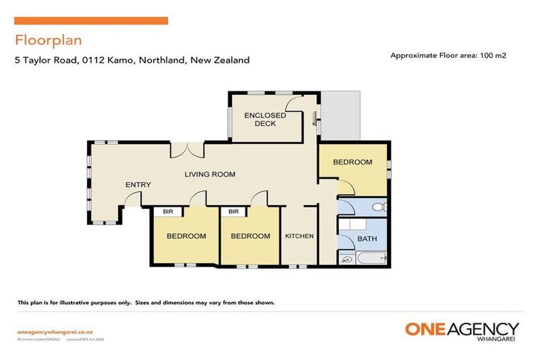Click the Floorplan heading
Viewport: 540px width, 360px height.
click(41, 39)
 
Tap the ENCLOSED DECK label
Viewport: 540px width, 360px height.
click(265, 120)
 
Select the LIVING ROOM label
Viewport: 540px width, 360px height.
click(210, 174)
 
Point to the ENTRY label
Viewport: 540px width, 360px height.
click(138, 185)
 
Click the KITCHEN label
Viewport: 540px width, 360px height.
click(299, 236)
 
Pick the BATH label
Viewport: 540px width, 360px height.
click(367, 239)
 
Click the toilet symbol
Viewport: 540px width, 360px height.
click(378, 207)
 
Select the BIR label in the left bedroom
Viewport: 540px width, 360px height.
click(168, 212)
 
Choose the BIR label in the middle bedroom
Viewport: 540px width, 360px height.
click(233, 212)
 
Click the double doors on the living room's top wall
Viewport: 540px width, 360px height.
click(187, 150)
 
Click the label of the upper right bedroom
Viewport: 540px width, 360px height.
click(352, 162)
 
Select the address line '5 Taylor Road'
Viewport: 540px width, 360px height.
click(132, 60)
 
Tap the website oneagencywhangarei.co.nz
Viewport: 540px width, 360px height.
click(47, 331)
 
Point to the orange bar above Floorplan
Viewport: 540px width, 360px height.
click(91, 21)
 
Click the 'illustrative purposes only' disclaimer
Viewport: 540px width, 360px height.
click(146, 303)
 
